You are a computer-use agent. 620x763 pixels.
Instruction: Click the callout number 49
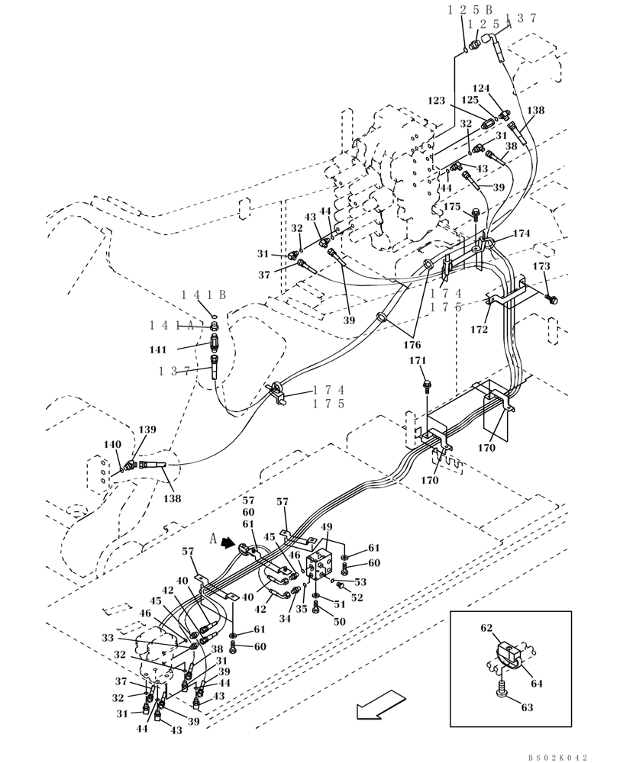point(327,527)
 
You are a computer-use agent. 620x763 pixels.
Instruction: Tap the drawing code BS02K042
point(557,757)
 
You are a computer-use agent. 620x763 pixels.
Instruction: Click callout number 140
point(111,444)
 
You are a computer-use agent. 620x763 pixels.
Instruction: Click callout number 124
point(481,88)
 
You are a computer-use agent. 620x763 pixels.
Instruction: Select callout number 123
point(436,100)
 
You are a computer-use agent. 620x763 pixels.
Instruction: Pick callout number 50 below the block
point(339,622)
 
